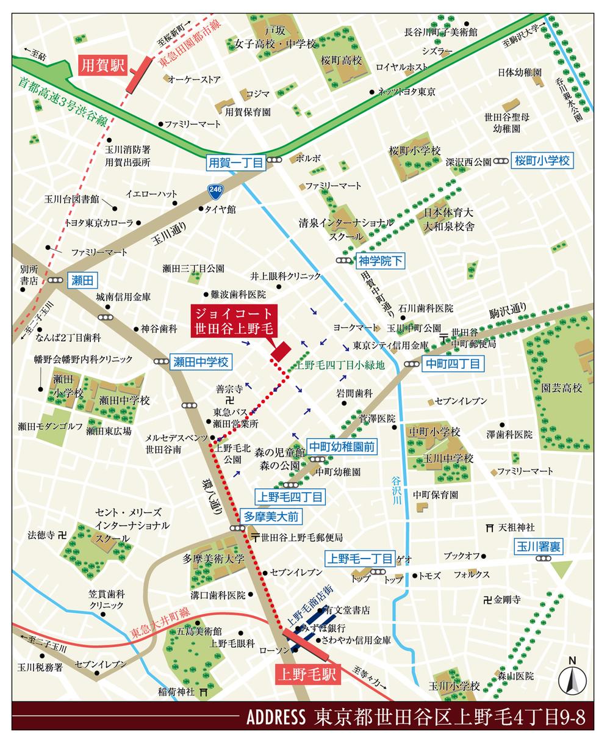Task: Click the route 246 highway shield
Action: (x=213, y=190)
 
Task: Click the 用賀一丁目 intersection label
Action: (x=235, y=163)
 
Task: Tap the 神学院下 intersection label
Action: (x=381, y=261)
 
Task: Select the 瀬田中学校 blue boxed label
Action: (x=200, y=362)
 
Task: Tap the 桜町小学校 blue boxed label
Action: (x=542, y=161)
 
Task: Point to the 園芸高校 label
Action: (x=562, y=388)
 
